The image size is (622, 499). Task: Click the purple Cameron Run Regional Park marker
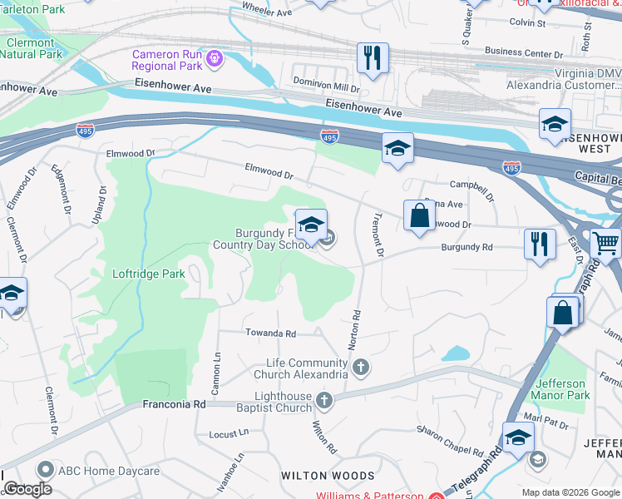pyautogui.click(x=215, y=58)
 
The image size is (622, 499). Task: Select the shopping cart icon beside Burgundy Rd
pyautogui.click(x=605, y=245)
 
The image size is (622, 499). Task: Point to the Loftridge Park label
pyautogui.click(x=149, y=274)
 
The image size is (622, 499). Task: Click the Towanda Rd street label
pyautogui.click(x=270, y=333)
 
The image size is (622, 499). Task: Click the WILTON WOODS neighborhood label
pyautogui.click(x=327, y=476)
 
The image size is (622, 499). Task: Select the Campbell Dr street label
pyautogui.click(x=471, y=185)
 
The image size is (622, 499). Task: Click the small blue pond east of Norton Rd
pyautogui.click(x=455, y=353)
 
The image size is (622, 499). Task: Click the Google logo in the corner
pyautogui.click(x=27, y=489)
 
